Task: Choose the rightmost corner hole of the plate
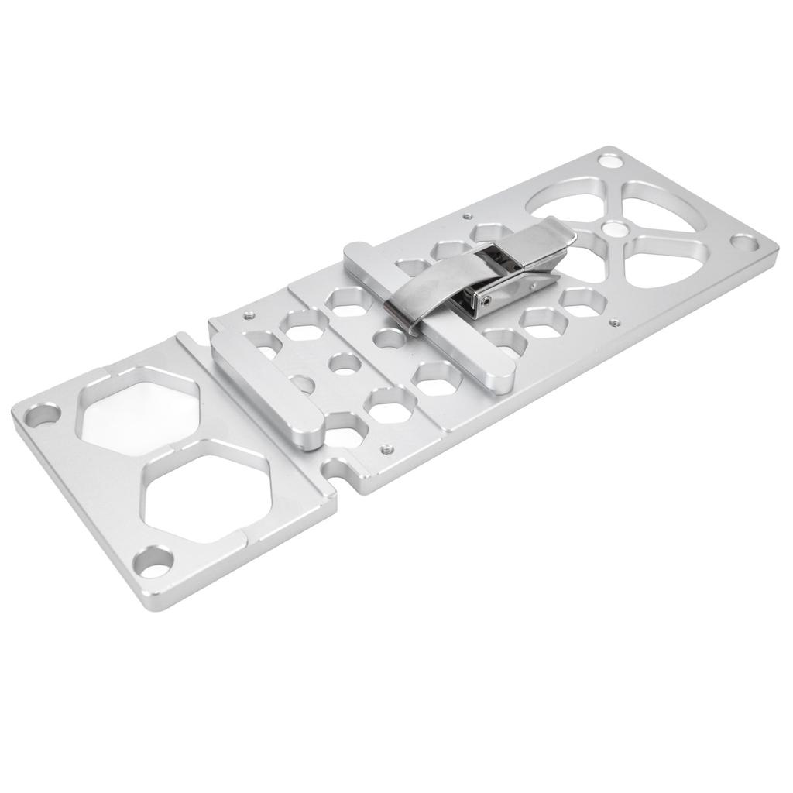746,244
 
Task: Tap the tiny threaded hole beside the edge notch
385,447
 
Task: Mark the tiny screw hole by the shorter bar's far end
249,315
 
